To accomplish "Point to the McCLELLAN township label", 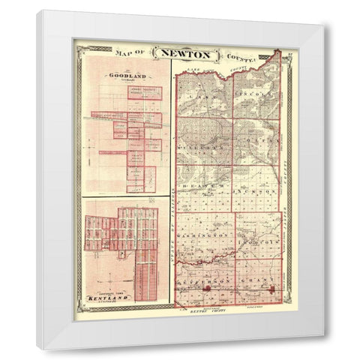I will (x=203, y=149).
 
